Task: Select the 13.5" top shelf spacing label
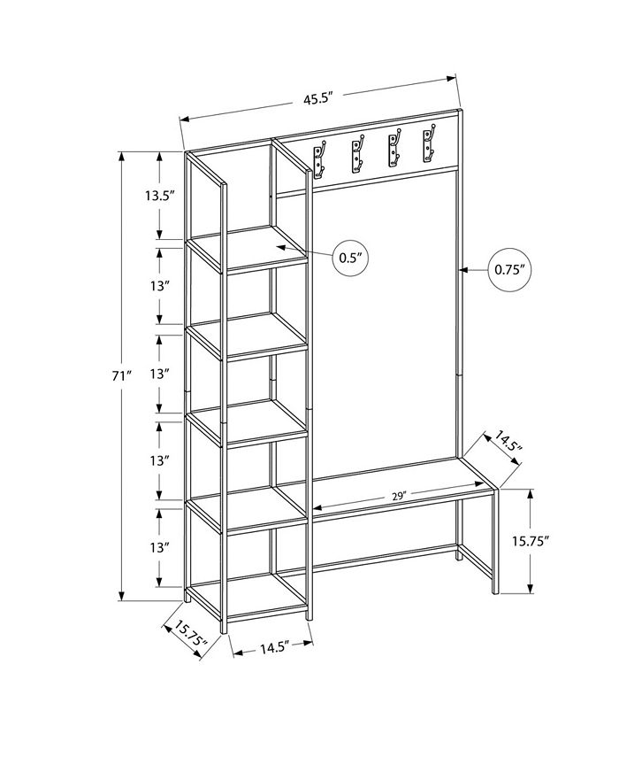point(159,196)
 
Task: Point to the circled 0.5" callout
point(350,258)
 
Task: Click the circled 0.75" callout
point(509,270)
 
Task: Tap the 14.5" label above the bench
point(508,442)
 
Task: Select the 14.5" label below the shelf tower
point(274,647)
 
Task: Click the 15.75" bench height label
point(531,541)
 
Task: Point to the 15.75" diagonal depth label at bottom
point(190,634)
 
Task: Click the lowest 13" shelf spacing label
point(158,548)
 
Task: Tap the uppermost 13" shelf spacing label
point(158,286)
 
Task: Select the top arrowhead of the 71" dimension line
point(122,157)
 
